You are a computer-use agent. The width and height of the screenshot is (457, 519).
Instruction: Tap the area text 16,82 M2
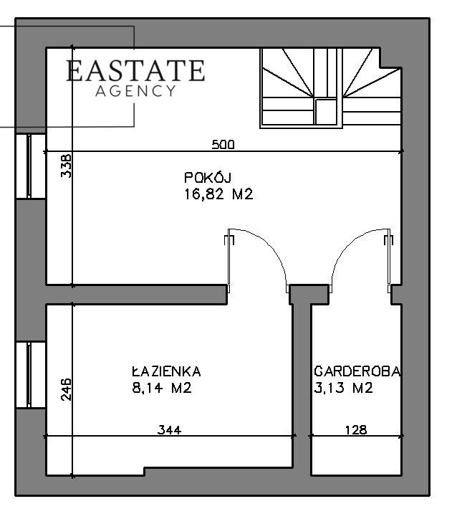click(x=218, y=194)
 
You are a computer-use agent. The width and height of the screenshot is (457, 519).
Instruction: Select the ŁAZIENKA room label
click(x=166, y=371)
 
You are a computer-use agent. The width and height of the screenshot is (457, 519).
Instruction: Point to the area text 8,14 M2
click(x=162, y=388)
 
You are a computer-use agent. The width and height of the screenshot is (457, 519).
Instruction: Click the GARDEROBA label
click(x=357, y=371)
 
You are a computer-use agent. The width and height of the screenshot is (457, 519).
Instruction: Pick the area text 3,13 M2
click(x=344, y=388)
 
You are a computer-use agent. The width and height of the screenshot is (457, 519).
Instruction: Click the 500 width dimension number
click(x=223, y=145)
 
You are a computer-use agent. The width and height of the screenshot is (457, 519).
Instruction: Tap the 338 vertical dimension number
click(x=66, y=165)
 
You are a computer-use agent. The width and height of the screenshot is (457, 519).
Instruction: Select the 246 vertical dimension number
click(x=66, y=389)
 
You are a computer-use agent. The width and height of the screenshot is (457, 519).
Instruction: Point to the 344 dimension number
click(x=169, y=429)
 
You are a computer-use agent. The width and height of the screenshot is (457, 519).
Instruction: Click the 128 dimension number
click(x=356, y=429)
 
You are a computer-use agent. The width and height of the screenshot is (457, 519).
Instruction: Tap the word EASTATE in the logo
click(x=135, y=70)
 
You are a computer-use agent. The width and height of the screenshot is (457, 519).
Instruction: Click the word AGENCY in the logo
click(x=135, y=91)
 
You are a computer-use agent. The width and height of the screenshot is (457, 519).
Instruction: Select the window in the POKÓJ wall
click(x=30, y=166)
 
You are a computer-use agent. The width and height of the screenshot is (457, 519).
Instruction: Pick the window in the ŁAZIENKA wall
click(x=30, y=375)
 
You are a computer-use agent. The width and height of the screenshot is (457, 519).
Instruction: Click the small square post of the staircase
click(x=326, y=112)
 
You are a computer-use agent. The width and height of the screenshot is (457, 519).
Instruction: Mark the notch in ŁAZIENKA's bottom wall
click(x=145, y=472)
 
